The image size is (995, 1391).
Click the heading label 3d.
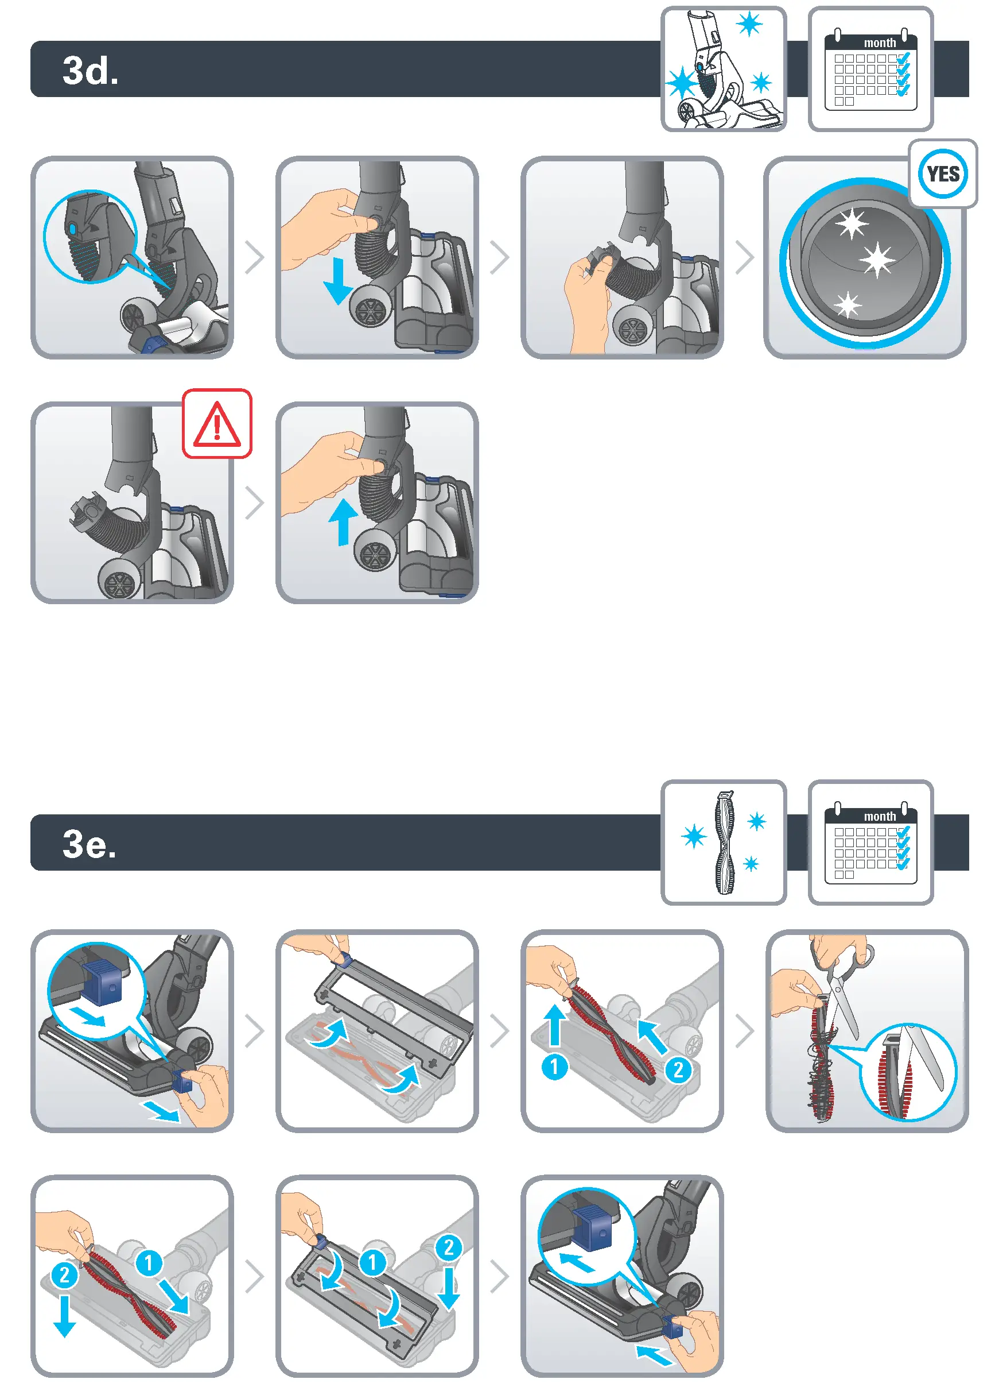tap(90, 71)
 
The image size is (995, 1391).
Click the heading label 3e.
tap(90, 844)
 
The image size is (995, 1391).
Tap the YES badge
tap(942, 173)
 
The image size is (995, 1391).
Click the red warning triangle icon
tap(217, 424)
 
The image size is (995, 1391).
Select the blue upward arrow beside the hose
tap(343, 521)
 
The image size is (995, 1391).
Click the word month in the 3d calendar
tap(879, 43)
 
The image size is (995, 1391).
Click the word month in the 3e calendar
tap(879, 816)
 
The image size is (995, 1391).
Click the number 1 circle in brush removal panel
tap(554, 1067)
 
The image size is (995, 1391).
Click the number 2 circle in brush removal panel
tap(678, 1070)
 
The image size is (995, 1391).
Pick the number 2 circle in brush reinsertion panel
tap(64, 1275)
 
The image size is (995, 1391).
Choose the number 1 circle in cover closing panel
tap(372, 1262)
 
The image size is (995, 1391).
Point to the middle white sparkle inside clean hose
tap(877, 260)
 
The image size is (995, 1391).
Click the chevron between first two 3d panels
tap(254, 257)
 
